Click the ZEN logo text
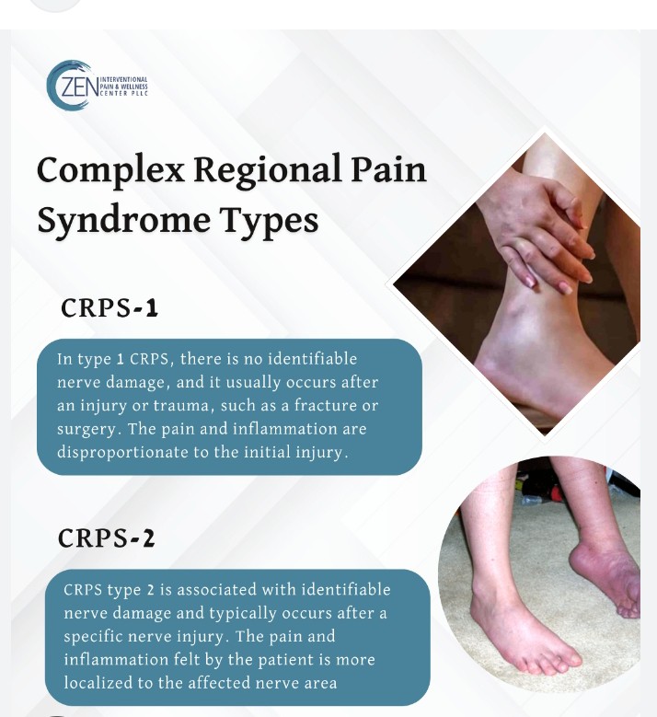[x=79, y=87]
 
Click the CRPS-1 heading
[x=109, y=307]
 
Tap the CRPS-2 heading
[x=107, y=538]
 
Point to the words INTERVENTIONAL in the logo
[x=123, y=79]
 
